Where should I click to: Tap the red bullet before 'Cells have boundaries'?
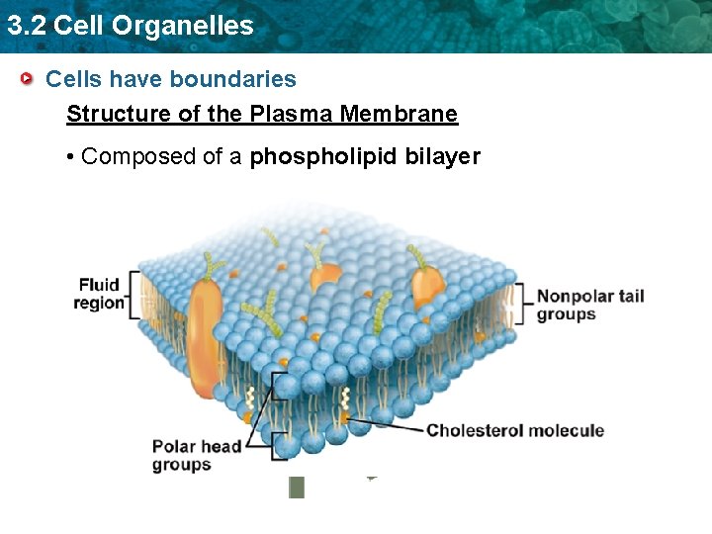click(x=31, y=78)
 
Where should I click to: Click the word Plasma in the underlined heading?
click(x=292, y=114)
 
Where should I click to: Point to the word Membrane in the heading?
click(x=399, y=114)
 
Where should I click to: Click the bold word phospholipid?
click(x=324, y=156)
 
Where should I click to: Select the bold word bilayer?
click(x=443, y=156)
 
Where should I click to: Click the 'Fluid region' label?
click(x=99, y=294)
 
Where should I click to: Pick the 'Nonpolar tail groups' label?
click(x=589, y=305)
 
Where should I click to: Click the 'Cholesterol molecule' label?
click(x=514, y=430)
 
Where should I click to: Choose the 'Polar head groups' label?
click(x=196, y=455)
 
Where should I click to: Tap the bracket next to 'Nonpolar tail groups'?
click(x=519, y=304)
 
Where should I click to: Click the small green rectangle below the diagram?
click(x=296, y=487)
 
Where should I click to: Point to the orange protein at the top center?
click(x=325, y=272)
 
